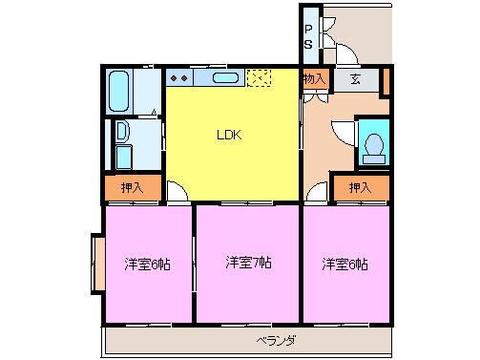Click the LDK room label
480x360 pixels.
point(229,135)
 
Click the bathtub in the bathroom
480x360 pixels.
point(121,91)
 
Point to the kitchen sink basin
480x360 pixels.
point(225,78)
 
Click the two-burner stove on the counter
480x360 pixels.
point(178,77)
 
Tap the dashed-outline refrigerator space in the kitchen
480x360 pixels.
point(259,78)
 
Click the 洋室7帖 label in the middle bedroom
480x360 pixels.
point(248,262)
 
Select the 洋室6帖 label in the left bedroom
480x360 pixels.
point(147,264)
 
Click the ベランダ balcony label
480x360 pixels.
point(276,341)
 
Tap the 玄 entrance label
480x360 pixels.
point(354,79)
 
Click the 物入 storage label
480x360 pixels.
point(316,79)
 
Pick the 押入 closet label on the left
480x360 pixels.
point(133,189)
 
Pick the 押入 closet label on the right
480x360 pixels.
point(360,188)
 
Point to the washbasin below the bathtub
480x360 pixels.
point(122,133)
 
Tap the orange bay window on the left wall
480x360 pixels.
point(96,264)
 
